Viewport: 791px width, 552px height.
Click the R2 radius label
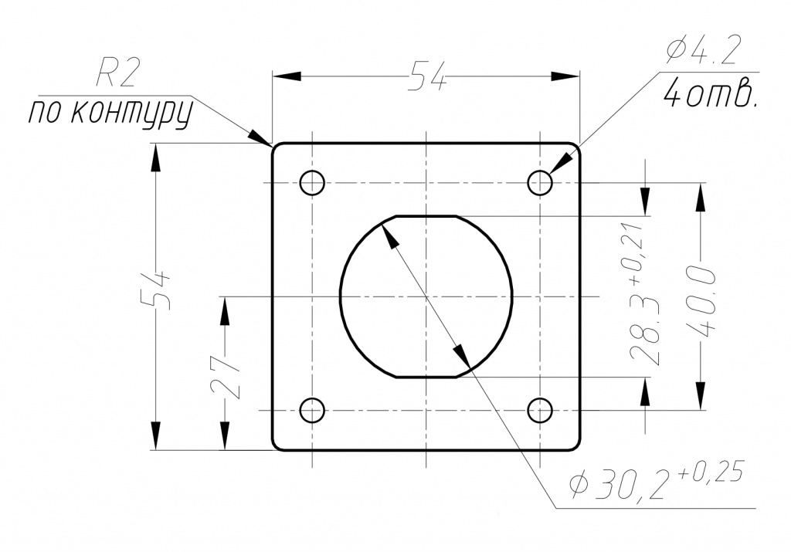117,75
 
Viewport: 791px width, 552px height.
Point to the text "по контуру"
110,114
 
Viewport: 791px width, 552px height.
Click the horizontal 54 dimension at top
427,76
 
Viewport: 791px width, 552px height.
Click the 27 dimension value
225,374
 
